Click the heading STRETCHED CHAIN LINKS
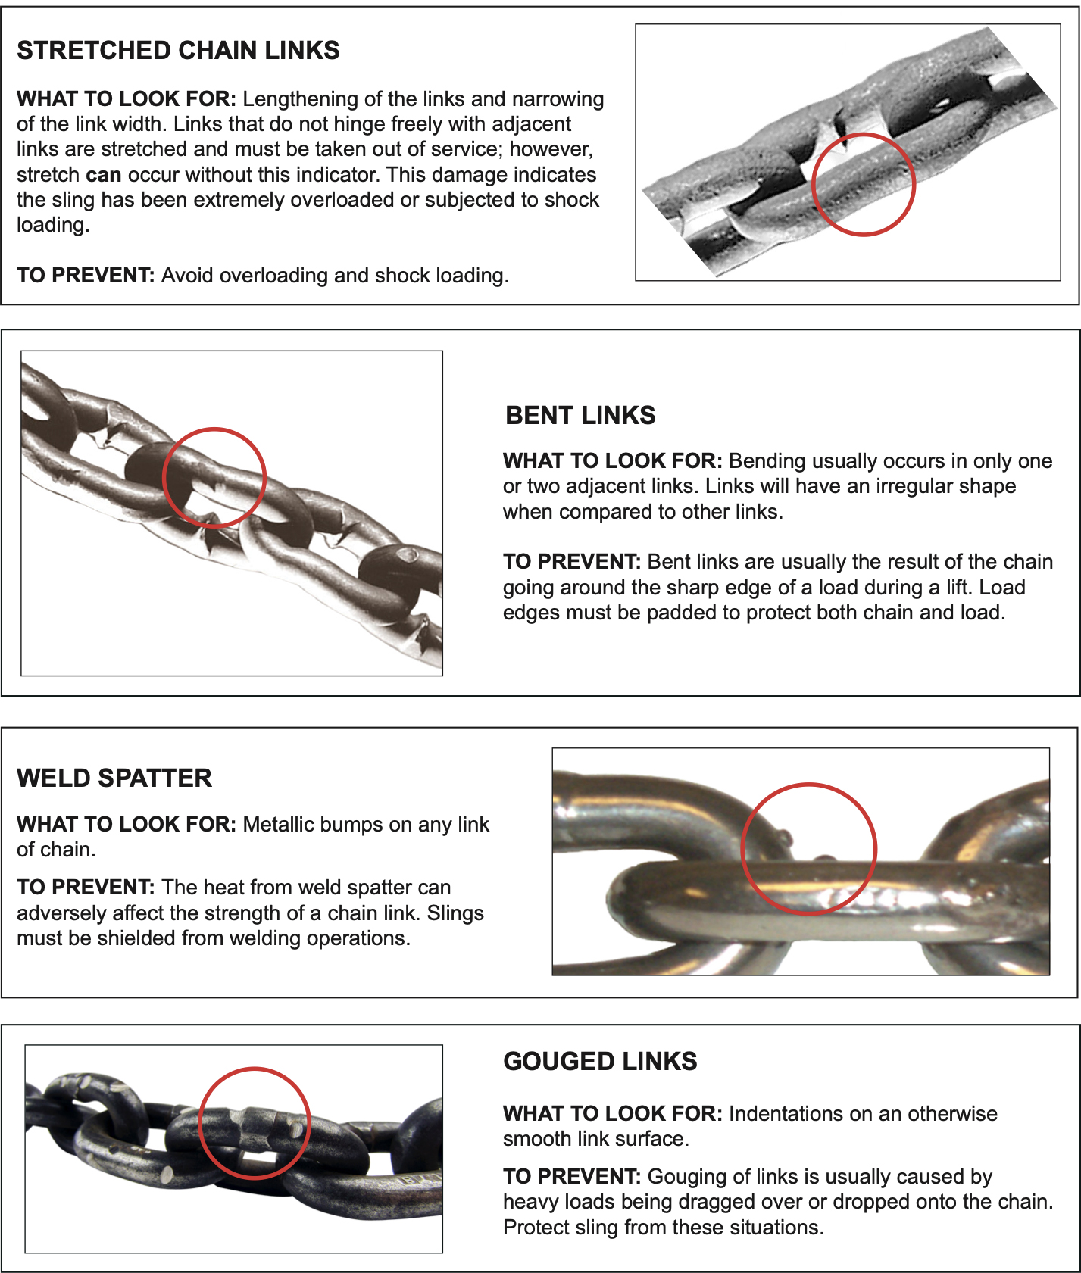[x=178, y=50]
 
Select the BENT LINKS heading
[x=580, y=415]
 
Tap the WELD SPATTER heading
[x=114, y=778]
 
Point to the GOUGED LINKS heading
[x=600, y=1061]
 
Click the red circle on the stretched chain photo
[x=864, y=134]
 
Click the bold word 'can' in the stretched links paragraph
[x=104, y=175]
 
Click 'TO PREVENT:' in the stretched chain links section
[x=86, y=275]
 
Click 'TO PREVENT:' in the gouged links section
[x=572, y=1177]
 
